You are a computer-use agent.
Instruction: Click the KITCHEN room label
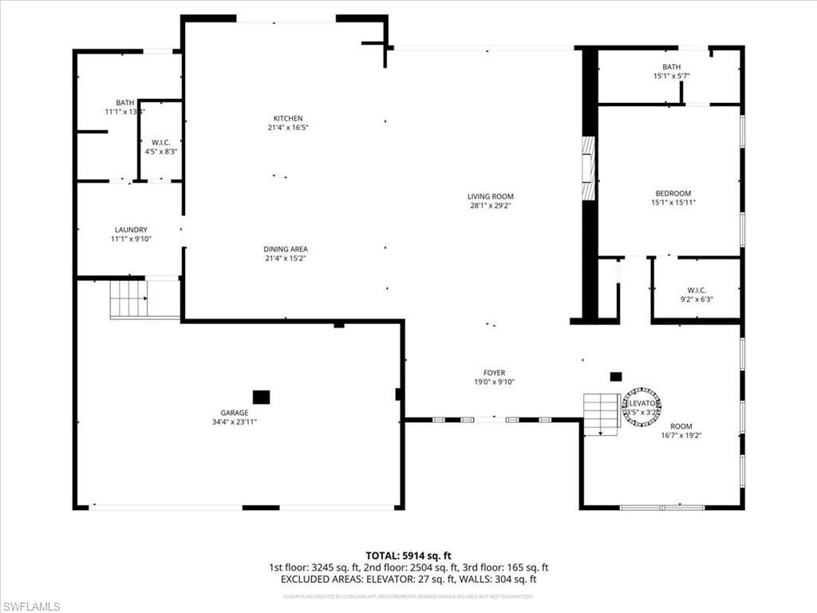(x=287, y=118)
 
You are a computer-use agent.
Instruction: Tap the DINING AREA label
(x=286, y=249)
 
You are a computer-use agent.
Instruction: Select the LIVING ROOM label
(x=490, y=196)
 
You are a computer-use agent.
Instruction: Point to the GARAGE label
(x=235, y=413)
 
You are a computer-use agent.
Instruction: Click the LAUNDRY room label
(x=130, y=230)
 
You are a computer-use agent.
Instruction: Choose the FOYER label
(x=494, y=373)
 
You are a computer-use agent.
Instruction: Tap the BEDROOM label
(x=673, y=193)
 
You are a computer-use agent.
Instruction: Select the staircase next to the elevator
(x=602, y=413)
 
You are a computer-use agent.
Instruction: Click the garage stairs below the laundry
(x=128, y=299)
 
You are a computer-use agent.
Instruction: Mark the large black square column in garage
(x=261, y=397)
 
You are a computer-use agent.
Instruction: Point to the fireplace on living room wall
(x=588, y=168)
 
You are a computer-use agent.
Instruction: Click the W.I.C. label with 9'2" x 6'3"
(x=697, y=291)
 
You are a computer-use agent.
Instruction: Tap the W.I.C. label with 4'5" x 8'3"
(x=161, y=142)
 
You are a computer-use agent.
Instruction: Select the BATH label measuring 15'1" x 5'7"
(x=671, y=67)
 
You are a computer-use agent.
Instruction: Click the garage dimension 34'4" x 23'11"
(x=235, y=422)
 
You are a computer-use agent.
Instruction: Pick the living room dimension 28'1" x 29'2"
(x=490, y=206)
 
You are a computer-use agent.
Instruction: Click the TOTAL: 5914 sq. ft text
(x=408, y=556)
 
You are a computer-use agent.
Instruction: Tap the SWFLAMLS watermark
(x=31, y=607)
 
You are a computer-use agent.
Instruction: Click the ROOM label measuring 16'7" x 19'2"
(x=681, y=426)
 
